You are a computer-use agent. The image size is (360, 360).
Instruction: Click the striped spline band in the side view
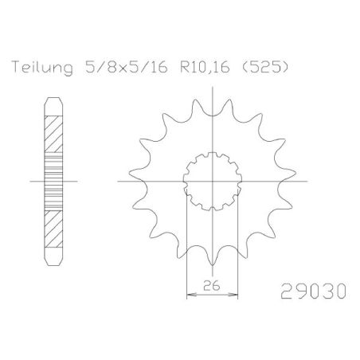[52, 182]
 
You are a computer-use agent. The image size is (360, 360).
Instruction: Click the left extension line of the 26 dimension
[186, 255]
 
